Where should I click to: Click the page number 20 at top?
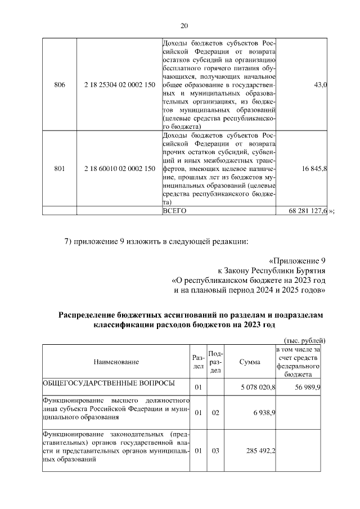point(184,25)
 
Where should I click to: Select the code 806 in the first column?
point(59,84)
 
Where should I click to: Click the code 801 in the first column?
point(59,168)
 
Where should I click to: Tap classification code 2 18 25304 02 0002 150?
point(119,84)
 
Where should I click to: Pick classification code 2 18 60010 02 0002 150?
point(119,168)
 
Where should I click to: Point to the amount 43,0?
point(319,84)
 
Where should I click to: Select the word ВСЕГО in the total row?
point(174,210)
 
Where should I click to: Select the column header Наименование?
point(116,362)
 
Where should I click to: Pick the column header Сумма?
point(249,362)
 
